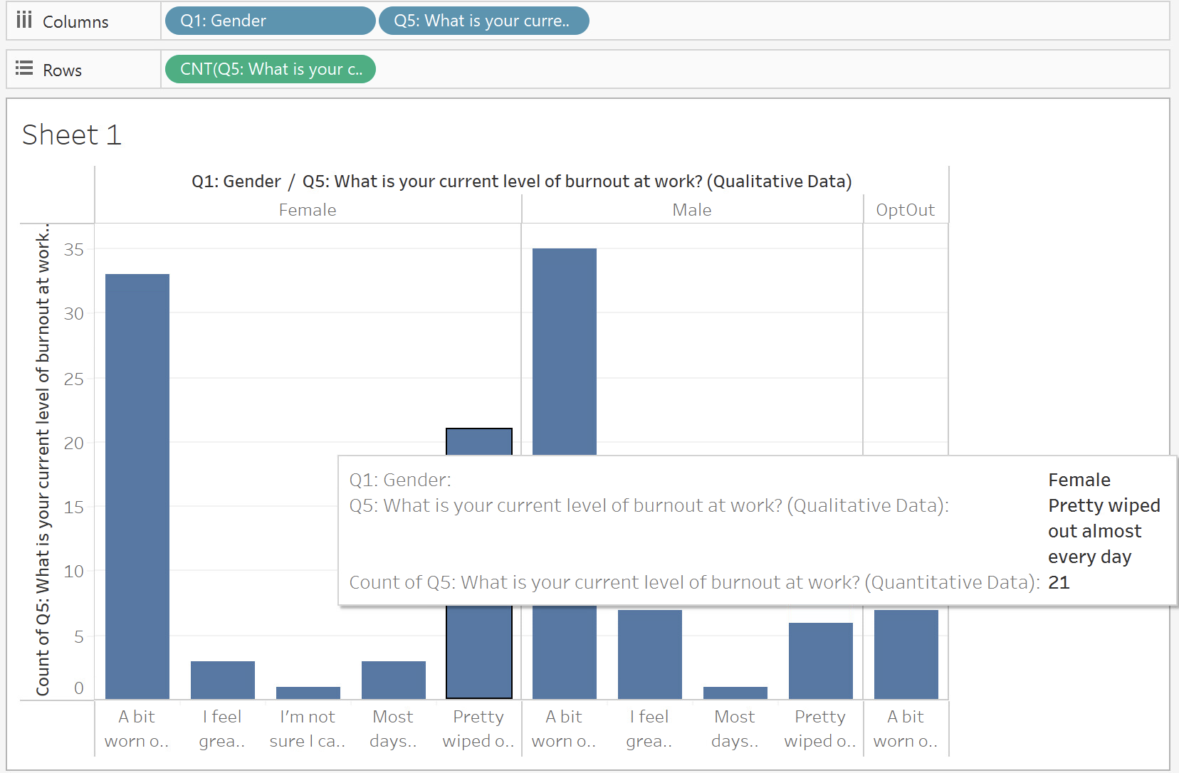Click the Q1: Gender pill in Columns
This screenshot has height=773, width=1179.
270,21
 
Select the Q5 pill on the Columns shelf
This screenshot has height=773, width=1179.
483,21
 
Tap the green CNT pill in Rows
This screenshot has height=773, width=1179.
270,70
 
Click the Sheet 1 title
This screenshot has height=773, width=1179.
72,135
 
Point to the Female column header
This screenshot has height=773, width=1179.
308,210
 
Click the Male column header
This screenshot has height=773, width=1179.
691,210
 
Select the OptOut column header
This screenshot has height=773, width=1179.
906,210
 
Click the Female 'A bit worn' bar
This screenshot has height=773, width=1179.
137,486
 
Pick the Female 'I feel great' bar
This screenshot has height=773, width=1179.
223,680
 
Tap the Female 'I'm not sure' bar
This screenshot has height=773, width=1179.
308,693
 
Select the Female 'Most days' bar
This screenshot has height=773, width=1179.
393,680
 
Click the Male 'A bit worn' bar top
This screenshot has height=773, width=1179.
565,249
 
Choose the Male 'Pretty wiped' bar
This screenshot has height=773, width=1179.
821,661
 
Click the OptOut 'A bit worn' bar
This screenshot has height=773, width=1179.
906,655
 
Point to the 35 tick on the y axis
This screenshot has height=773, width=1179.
74,249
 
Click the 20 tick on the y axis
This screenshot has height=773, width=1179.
74,443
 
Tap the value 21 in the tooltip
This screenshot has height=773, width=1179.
1059,582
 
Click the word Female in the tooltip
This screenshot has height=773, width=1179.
1079,480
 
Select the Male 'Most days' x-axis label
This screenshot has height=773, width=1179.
735,729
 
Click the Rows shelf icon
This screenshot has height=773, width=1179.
24,68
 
